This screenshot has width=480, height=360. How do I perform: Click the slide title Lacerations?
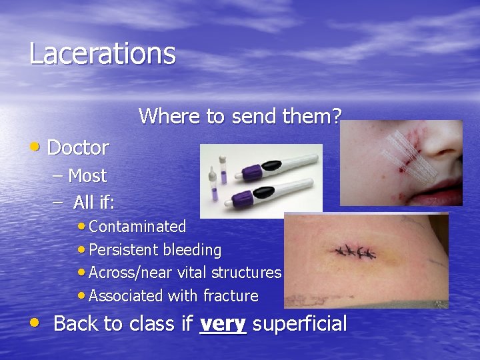102,54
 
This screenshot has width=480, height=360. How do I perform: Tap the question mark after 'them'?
337,117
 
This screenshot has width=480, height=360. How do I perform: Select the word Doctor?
78,147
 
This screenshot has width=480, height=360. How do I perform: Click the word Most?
87,176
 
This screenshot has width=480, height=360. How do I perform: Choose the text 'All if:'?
94,202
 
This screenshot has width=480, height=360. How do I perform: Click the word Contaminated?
137,227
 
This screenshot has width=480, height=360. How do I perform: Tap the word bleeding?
195,250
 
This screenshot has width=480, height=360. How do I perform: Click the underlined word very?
223,324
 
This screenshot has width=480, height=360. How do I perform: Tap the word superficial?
300,324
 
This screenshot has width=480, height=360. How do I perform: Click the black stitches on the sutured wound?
355,253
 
